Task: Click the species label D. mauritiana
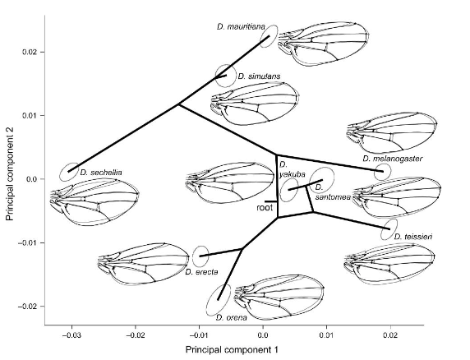click(x=240, y=27)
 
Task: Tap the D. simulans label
click(x=259, y=76)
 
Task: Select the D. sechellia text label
click(x=101, y=173)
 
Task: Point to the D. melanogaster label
click(x=391, y=159)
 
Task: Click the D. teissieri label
click(x=413, y=237)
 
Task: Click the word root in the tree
click(x=265, y=209)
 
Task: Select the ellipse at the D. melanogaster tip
click(x=382, y=172)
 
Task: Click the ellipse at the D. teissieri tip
click(x=389, y=229)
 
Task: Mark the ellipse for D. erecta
click(x=200, y=256)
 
